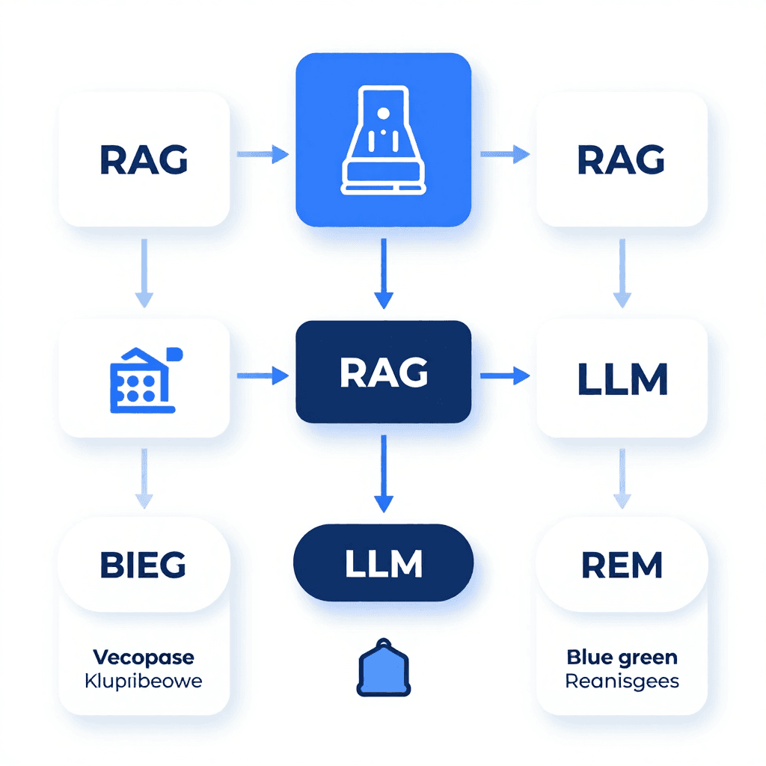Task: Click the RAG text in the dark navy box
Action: tap(384, 373)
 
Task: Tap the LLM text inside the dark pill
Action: tap(384, 563)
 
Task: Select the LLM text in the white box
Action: tap(622, 380)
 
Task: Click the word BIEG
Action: tap(142, 565)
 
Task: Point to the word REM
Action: tap(622, 566)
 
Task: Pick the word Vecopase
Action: tap(144, 658)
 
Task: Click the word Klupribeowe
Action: tap(144, 681)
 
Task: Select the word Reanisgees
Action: tap(622, 681)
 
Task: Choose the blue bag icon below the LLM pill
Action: tap(384, 668)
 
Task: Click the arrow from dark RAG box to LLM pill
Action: tap(384, 474)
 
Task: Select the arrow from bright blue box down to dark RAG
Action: tap(384, 274)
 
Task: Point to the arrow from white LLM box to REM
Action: tap(622, 479)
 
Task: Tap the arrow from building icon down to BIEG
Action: tap(144, 479)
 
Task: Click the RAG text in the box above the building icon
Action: tap(144, 159)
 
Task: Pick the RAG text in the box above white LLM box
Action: tap(622, 159)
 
